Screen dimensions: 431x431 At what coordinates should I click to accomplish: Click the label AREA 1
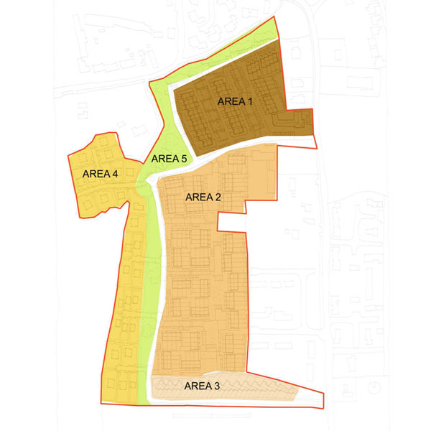click(236, 101)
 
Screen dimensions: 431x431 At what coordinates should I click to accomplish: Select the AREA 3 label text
click(203, 386)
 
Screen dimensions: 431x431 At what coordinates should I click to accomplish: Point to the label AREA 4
click(101, 173)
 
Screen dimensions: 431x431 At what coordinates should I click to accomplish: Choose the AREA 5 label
click(168, 159)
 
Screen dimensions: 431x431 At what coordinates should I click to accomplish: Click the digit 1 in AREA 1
click(251, 101)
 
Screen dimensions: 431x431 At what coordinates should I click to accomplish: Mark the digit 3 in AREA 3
click(218, 386)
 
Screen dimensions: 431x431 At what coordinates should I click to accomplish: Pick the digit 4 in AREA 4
click(115, 173)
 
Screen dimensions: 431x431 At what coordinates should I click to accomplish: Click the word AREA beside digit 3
click(198, 386)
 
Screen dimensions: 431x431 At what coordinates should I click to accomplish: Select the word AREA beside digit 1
click(231, 101)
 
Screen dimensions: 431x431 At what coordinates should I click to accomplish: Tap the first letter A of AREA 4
click(86, 173)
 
